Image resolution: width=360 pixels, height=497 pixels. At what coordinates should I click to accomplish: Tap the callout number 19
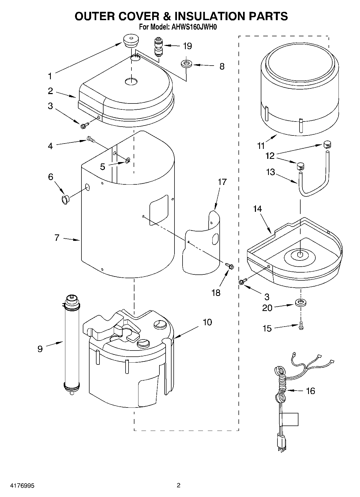click(187, 46)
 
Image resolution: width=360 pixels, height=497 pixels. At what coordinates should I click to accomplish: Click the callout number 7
click(57, 238)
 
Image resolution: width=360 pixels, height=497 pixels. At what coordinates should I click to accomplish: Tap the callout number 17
click(222, 182)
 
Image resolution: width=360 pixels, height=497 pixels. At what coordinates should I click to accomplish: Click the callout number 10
click(207, 322)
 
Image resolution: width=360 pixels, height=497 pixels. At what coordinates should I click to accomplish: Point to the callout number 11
click(261, 146)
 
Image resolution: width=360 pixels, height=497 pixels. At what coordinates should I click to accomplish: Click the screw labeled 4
click(91, 139)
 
